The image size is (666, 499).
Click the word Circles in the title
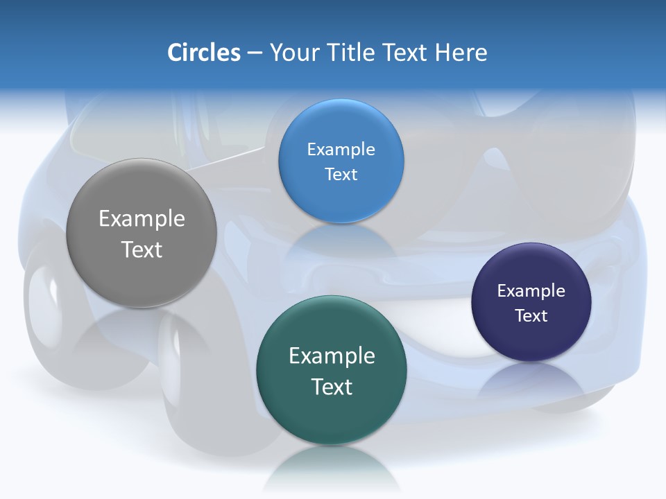203,53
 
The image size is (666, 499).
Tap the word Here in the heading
461,53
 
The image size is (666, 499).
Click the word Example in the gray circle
142,219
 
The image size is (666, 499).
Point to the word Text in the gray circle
142,249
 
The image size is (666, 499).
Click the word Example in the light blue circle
341,150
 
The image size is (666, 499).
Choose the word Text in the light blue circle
341,174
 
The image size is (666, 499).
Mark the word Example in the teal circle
332,356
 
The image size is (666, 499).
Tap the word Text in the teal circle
332,387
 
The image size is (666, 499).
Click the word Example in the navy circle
531,291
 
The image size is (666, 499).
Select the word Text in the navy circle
531,316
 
